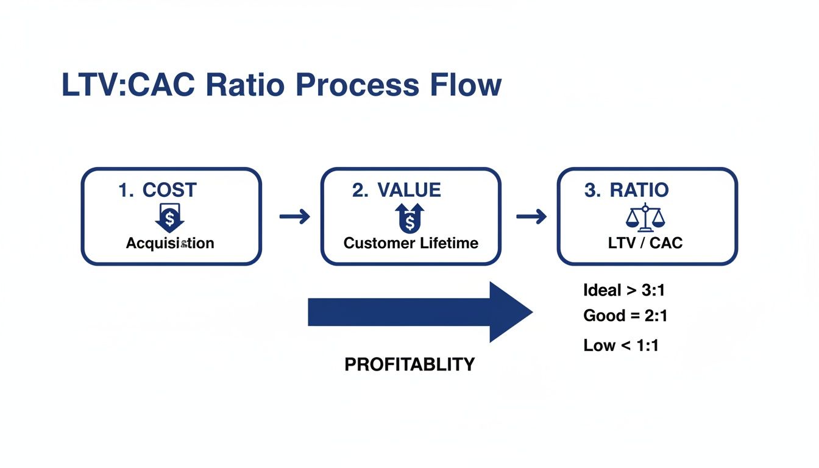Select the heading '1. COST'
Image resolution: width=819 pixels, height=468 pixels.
tap(157, 190)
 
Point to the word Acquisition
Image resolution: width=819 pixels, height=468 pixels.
tap(170, 243)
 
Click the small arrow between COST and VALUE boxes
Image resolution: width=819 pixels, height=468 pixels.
tap(294, 216)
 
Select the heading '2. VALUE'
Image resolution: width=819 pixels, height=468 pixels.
tap(396, 190)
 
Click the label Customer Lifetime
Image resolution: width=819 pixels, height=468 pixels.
tap(411, 243)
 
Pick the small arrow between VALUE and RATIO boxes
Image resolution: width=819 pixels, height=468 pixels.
tap(531, 216)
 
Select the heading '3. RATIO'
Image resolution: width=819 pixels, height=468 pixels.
tap(626, 190)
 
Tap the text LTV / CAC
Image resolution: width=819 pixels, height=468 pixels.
tap(645, 243)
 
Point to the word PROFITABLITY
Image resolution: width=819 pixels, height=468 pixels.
tap(409, 364)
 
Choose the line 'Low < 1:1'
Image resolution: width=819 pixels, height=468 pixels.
tap(621, 346)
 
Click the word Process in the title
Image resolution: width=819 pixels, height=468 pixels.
tap(357, 85)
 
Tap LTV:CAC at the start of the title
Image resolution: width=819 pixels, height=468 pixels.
tap(129, 85)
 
